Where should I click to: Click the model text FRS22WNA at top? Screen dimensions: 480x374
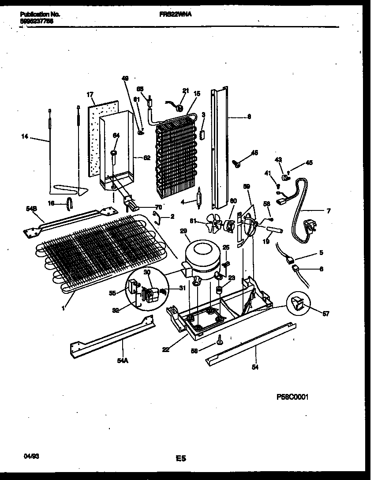(x=175, y=14)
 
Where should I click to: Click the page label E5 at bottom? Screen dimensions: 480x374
(x=181, y=459)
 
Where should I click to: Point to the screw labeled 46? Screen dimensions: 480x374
(x=238, y=164)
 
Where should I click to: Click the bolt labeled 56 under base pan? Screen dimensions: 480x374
(x=219, y=339)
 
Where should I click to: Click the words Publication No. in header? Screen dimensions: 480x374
(x=40, y=14)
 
